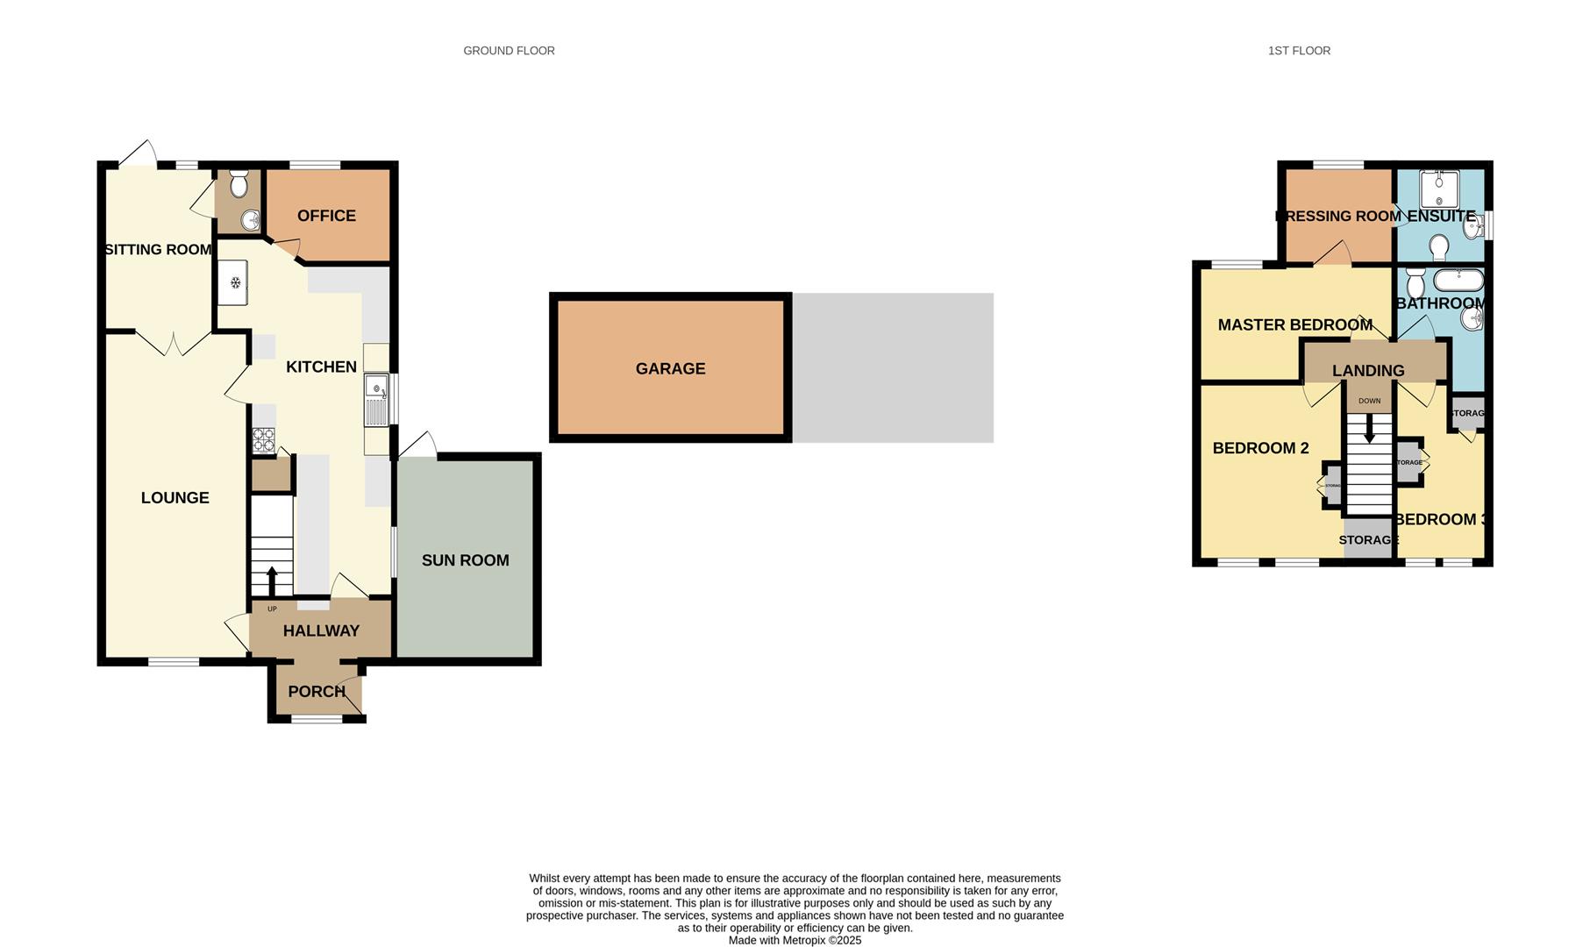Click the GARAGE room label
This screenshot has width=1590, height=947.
670,369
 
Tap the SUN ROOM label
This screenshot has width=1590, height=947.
465,560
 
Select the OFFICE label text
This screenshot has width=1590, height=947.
326,216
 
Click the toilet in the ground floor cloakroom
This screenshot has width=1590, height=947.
238,184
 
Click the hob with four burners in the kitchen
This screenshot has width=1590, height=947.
263,439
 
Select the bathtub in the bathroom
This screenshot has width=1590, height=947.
1458,281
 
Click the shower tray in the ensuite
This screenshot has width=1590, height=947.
1439,189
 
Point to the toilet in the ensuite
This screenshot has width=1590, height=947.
1439,247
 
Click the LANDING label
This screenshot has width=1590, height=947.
1368,371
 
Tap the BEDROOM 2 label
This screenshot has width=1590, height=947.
1260,448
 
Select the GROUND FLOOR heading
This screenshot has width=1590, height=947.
509,51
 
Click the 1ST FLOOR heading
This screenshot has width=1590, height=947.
1299,51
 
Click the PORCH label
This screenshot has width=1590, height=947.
317,692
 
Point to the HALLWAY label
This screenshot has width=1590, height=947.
321,630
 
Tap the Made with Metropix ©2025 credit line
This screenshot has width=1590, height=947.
795,940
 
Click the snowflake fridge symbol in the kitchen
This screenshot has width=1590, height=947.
235,282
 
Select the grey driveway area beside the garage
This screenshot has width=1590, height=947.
893,367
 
